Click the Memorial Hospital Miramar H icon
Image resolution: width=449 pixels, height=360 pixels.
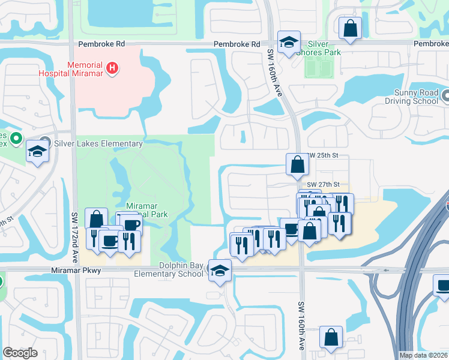coord(111,68)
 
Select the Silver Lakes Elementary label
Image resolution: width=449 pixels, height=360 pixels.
coord(98,143)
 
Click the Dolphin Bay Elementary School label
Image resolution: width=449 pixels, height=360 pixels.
coord(181,269)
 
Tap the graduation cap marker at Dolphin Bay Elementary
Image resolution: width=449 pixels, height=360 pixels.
coord(220,270)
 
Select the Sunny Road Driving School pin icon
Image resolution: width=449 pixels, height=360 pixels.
coord(445,95)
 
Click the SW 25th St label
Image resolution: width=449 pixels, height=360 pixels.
coord(324,155)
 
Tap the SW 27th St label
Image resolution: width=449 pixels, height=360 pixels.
coord(324,184)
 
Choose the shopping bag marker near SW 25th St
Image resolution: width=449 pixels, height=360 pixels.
coord(298,164)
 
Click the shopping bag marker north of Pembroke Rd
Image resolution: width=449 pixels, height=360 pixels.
coord(349,28)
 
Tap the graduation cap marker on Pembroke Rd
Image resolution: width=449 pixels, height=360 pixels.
coord(289,42)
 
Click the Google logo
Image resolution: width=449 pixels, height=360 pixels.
coord(20,353)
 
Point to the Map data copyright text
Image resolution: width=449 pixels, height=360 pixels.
coord(424,355)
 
